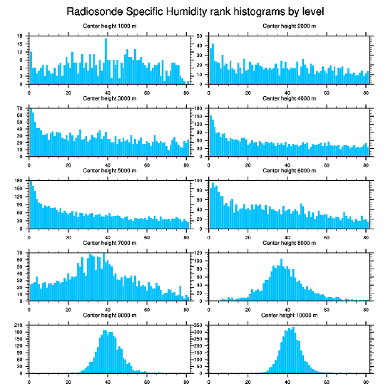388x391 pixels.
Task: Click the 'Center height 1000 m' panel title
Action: pyautogui.click(x=109, y=26)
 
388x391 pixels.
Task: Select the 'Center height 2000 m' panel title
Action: pyautogui.click(x=289, y=26)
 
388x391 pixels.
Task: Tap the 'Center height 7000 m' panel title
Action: pyautogui.click(x=109, y=243)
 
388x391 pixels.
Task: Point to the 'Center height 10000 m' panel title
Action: pyautogui.click(x=289, y=315)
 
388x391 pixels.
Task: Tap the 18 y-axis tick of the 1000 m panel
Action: pyautogui.click(x=20, y=36)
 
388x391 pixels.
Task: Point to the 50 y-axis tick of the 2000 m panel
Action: pyautogui.click(x=200, y=36)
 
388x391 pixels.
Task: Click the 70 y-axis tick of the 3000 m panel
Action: pyautogui.click(x=20, y=109)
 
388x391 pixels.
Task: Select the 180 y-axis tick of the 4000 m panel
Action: pyautogui.click(x=199, y=109)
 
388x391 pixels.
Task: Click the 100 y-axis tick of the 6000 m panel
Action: pyautogui.click(x=199, y=181)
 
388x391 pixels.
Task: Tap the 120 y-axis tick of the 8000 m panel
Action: pyautogui.click(x=199, y=253)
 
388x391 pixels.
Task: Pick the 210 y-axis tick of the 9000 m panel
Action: pyautogui.click(x=19, y=326)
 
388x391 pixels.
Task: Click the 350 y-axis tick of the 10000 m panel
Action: pyautogui.click(x=199, y=326)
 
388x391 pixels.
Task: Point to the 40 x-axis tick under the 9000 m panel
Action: pyautogui.click(x=107, y=381)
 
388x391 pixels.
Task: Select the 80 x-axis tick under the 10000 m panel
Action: pyautogui.click(x=365, y=381)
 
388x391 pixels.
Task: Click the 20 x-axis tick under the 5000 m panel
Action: pyautogui.click(x=68, y=236)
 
